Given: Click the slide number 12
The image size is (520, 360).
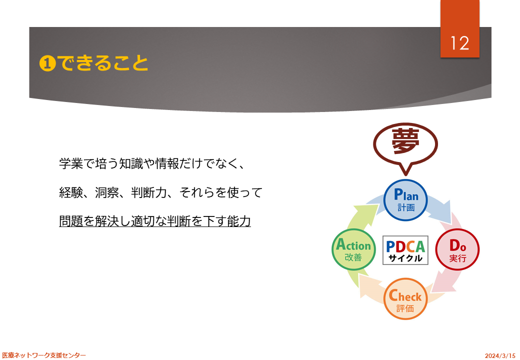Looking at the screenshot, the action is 459,43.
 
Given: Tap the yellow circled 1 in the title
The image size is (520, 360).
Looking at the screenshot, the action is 47,63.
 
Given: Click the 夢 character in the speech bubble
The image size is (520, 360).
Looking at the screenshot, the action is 405,141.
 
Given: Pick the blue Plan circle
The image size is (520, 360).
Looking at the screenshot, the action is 405,200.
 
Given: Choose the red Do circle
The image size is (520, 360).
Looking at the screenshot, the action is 457,249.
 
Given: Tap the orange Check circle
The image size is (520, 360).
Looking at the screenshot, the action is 405,299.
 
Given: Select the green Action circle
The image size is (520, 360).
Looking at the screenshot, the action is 353,249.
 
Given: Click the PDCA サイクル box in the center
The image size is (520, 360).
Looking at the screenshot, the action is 405,250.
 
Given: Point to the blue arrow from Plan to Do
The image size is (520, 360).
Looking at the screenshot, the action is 441,209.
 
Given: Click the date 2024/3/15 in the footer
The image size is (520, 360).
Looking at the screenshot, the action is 500,355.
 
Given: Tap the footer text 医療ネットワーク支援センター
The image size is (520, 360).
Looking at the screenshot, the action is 44,355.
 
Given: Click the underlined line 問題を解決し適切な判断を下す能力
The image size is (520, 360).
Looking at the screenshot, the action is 155,221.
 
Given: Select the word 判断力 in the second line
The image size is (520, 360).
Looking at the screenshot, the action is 149,192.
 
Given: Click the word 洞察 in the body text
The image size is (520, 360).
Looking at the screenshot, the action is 107,192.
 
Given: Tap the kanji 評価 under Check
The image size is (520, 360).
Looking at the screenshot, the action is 405,308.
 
